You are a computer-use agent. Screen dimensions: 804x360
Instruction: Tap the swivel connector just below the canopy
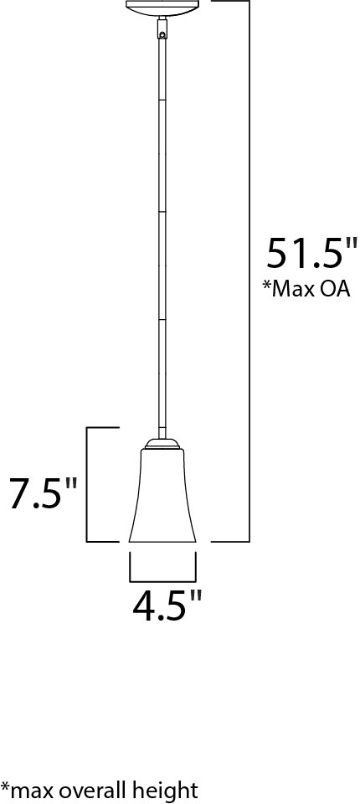(x=162, y=32)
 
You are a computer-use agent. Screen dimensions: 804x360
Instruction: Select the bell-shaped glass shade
(x=162, y=498)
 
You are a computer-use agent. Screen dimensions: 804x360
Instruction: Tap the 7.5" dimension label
(x=43, y=493)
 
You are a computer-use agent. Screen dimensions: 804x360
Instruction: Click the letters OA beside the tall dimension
(x=333, y=289)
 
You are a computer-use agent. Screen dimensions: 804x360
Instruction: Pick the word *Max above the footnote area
(x=287, y=289)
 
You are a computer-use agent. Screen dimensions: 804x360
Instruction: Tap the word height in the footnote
(x=167, y=789)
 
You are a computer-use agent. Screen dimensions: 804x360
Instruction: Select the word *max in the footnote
(x=28, y=789)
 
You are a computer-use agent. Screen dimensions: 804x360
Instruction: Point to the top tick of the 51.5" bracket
(x=230, y=2)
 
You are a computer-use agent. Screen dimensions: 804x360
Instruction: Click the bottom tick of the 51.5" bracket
(x=230, y=540)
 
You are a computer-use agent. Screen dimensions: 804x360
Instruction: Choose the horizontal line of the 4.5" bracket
(x=162, y=580)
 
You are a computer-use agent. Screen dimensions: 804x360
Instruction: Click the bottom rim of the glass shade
(x=162, y=542)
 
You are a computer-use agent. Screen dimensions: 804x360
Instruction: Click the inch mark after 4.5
(x=195, y=596)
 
